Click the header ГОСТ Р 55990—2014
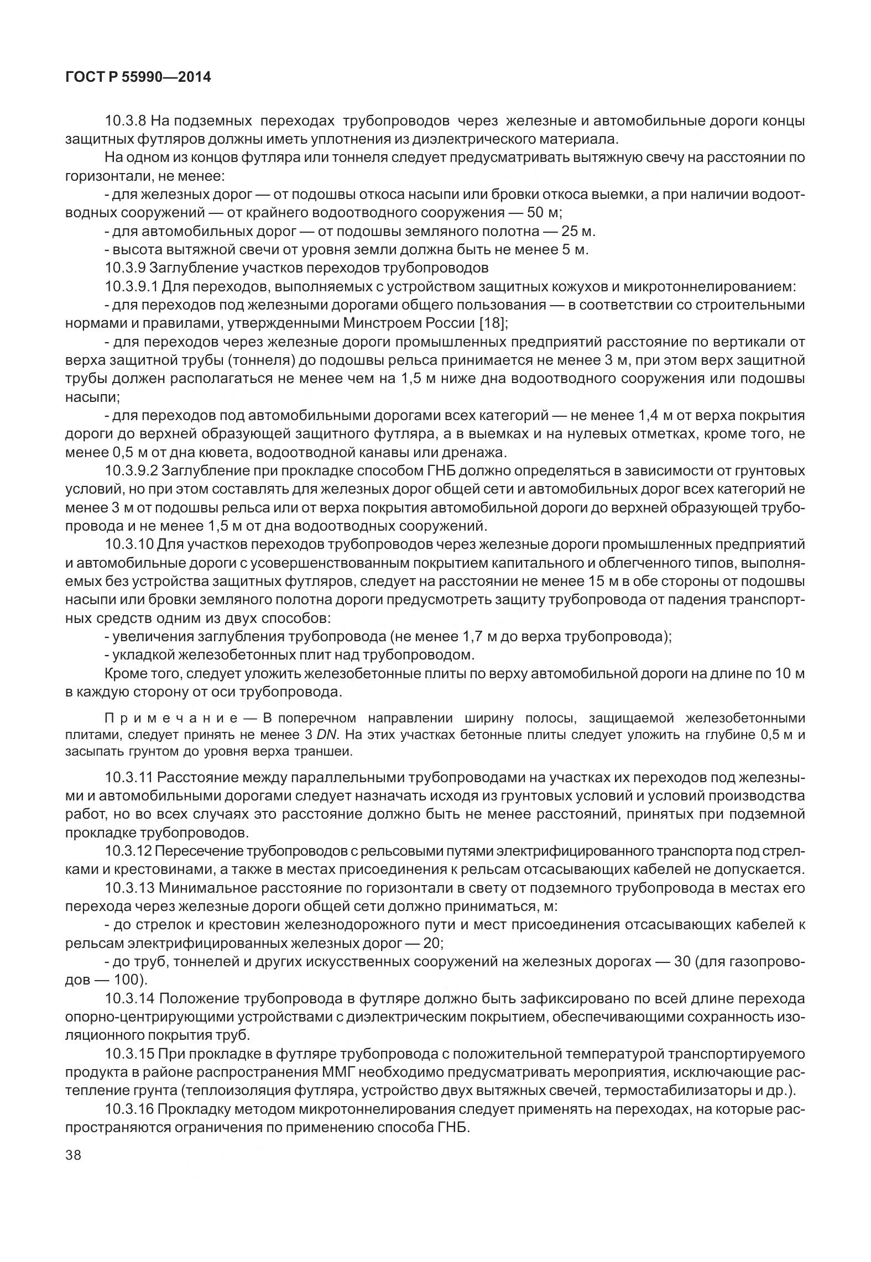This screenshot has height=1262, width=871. click(x=138, y=77)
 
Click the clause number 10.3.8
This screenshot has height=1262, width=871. click(x=125, y=121)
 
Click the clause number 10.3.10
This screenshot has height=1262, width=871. click(x=129, y=544)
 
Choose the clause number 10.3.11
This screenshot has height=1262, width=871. click(x=128, y=778)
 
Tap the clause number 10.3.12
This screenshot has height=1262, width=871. click(x=128, y=851)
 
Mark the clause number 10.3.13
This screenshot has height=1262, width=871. click(x=128, y=888)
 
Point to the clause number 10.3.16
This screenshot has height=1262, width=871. click(x=128, y=1109)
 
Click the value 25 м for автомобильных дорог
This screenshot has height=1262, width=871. click(x=576, y=231)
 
